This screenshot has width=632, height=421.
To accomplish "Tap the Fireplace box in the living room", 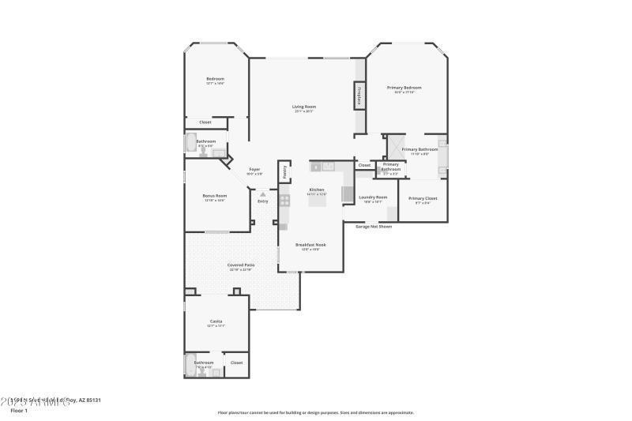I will coord(359,96).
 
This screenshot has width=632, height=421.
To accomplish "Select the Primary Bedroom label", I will coord(404,88).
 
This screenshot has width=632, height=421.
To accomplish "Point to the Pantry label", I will coord(284,172).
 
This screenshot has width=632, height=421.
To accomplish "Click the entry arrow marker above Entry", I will coord(262,194).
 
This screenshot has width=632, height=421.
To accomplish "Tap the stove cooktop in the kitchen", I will coord(284,201).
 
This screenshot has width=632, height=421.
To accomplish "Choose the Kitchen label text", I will coord(317,190).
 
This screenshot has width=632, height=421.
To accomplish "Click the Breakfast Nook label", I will coord(310,245).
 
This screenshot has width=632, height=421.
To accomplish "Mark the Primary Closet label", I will coord(422,198).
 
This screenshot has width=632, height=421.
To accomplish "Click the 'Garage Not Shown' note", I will coord(373,226).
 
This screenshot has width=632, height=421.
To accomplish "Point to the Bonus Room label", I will coord(214,196).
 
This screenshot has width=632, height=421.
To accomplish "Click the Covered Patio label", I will coord(241,265).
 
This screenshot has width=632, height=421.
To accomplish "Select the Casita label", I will coord(216,321).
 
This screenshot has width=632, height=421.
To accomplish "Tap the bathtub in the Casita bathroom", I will coord(190,365).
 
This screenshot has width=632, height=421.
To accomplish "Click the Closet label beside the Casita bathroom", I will coord(236,363).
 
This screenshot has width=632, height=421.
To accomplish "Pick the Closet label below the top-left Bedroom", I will coord(205,122).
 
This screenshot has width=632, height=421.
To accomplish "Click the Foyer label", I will coord(254,169).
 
